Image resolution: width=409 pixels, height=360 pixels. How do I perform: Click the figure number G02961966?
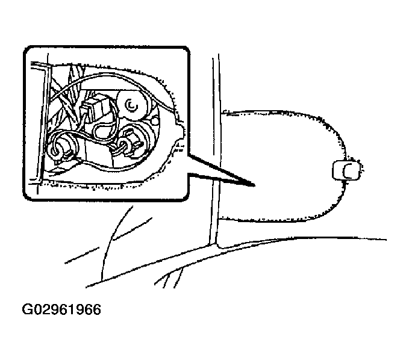(61, 309)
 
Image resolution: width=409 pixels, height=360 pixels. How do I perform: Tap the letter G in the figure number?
(27, 309)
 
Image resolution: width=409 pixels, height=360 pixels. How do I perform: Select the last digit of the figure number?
(96, 309)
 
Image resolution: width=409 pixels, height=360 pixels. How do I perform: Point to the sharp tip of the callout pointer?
(254, 185)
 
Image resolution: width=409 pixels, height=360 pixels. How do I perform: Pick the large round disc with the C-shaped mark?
(133, 105)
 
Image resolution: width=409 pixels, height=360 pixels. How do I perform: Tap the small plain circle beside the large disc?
(155, 120)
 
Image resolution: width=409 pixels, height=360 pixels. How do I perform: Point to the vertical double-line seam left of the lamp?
(216, 149)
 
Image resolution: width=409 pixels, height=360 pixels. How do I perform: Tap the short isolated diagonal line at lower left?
(81, 255)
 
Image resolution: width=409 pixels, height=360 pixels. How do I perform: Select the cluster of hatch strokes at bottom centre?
(169, 278)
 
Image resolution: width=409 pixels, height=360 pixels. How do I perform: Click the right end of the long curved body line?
(386, 240)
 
